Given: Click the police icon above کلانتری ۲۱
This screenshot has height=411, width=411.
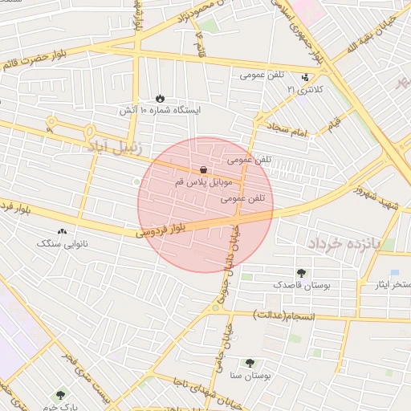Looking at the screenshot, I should pos(305,78).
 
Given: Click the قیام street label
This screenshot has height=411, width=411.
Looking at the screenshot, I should pos(333,122).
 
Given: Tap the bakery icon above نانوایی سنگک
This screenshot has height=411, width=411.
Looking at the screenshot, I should pos(63,231).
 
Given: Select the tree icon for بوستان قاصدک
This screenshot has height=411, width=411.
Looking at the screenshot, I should pos(300,273).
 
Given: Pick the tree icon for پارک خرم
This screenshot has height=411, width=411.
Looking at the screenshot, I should pos(60,395).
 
